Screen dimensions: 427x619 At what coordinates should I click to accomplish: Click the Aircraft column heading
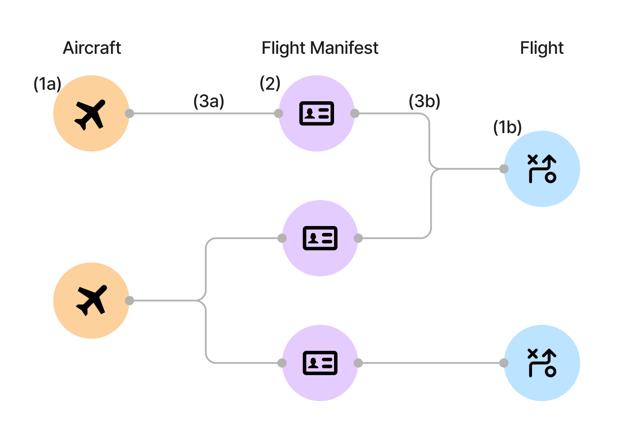pos(92,48)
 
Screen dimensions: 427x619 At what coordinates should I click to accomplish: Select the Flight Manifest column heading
pos(320,48)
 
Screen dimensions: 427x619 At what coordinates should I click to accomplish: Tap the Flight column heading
pos(542,48)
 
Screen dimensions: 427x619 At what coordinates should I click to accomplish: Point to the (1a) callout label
pos(47,84)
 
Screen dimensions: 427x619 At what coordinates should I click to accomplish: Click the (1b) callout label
pos(507,127)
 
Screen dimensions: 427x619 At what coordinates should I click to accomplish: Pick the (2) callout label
pos(270,83)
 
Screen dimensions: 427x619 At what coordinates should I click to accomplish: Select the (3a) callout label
pos(209,101)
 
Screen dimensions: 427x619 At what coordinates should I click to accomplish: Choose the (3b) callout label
pos(424,101)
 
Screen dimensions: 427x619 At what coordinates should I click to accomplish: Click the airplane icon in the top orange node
pos(90,114)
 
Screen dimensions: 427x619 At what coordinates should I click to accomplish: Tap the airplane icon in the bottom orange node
pos(91,300)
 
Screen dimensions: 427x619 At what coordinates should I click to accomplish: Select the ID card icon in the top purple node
pos(316,114)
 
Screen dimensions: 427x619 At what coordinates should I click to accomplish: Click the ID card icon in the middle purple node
pos(320,238)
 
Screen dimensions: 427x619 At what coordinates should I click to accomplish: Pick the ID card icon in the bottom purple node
pos(320,363)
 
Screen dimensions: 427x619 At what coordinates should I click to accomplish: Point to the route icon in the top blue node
pos(542,169)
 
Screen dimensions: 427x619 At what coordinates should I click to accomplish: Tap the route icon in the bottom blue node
pos(542,363)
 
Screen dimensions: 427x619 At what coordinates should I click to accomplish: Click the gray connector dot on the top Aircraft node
pos(130,113)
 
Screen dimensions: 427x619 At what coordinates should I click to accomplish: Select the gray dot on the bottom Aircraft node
pos(130,300)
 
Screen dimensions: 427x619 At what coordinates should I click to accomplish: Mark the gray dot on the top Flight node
pos(504,169)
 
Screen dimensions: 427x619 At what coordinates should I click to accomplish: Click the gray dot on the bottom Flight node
pos(504,363)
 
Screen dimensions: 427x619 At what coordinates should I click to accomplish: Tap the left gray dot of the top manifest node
pos(279,113)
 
